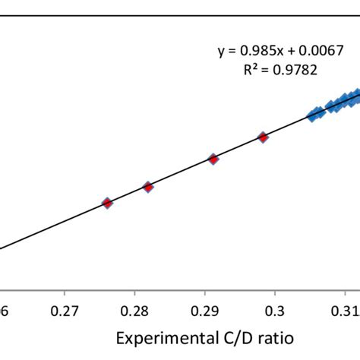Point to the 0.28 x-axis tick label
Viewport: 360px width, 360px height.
point(135,312)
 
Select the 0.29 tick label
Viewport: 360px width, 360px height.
point(205,312)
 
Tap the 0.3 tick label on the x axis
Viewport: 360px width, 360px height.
point(276,312)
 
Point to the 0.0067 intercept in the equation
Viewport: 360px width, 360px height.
point(322,51)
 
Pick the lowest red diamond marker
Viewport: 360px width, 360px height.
point(107,203)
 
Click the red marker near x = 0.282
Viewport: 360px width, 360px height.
point(149,187)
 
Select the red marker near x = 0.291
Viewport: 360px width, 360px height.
point(213,159)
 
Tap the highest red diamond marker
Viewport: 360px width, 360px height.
point(263,137)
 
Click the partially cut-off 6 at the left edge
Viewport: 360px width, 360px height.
point(3,312)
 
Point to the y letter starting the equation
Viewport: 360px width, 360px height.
point(222,52)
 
